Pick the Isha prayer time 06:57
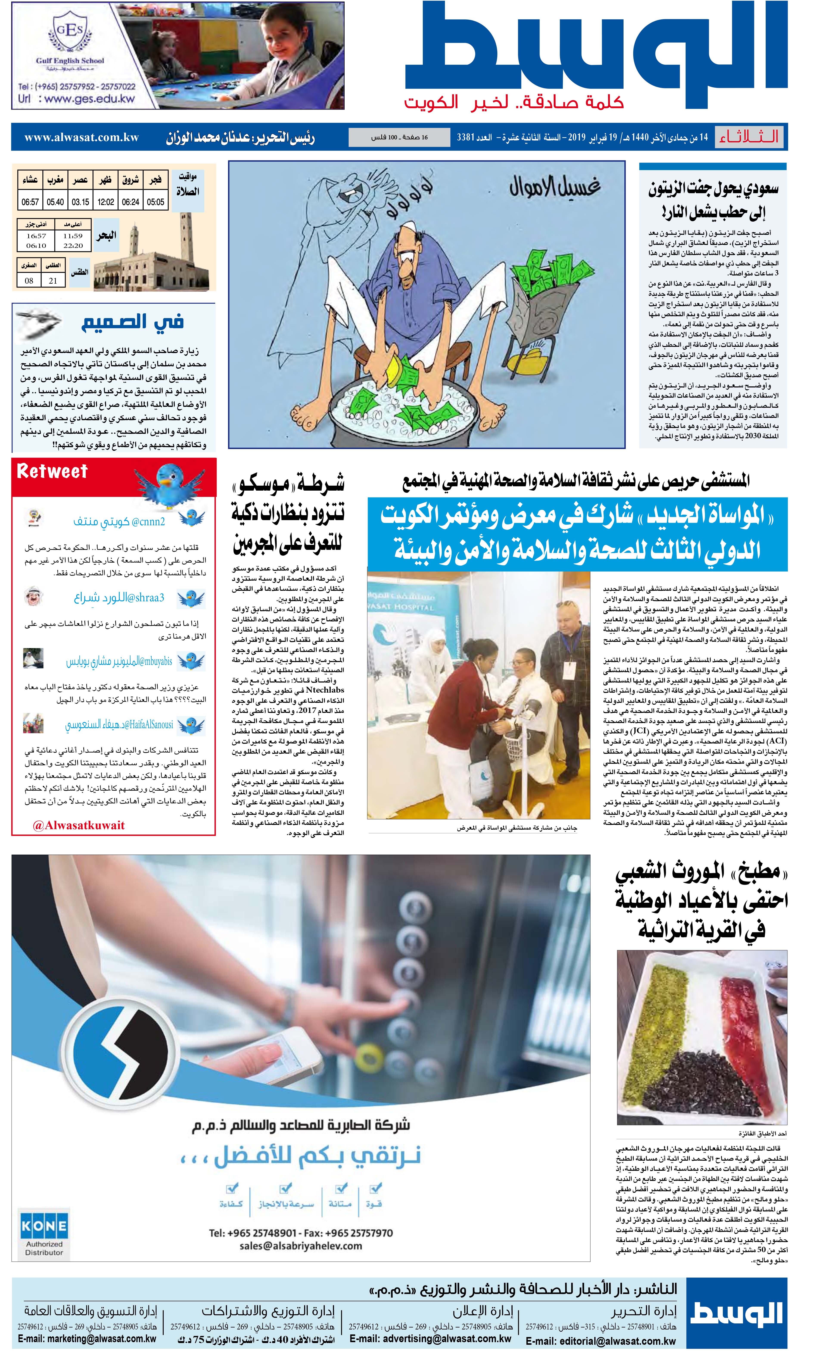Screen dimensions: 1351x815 [x=30, y=202]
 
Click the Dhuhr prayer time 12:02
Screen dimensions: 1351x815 [x=106, y=202]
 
